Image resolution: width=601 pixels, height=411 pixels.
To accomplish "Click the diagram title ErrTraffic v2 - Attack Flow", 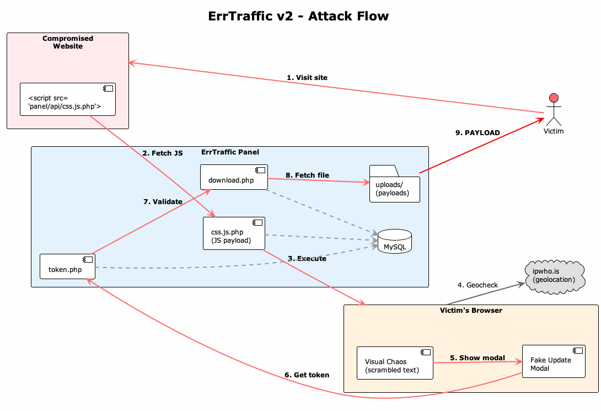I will click(x=298, y=16).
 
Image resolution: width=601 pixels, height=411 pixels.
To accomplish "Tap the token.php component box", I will click(x=67, y=267).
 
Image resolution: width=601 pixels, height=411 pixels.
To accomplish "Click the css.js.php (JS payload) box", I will click(x=234, y=233).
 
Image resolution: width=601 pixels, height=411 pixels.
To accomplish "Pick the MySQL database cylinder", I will click(x=395, y=242).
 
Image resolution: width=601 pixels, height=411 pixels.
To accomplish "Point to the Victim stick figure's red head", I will click(x=554, y=98).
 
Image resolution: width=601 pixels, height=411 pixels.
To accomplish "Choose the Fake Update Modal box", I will click(x=553, y=362).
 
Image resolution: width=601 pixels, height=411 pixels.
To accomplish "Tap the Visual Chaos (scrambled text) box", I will click(x=394, y=364).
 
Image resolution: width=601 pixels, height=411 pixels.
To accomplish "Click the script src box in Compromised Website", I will click(x=67, y=100).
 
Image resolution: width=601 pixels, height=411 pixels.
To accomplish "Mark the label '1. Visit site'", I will click(x=307, y=78).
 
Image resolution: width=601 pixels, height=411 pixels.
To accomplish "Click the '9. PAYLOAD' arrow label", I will click(x=477, y=133).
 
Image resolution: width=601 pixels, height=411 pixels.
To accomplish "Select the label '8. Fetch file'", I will click(x=307, y=175).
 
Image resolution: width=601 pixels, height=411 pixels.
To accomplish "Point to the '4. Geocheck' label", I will click(x=477, y=285).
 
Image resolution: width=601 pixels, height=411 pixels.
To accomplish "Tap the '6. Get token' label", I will click(x=307, y=375).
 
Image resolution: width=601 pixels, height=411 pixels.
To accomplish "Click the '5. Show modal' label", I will click(x=477, y=358).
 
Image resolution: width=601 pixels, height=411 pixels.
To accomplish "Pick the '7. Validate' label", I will click(x=163, y=202).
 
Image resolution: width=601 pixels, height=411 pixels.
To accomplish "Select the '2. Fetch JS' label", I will click(x=162, y=153).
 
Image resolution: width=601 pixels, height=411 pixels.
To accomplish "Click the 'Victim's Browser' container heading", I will click(x=471, y=311).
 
